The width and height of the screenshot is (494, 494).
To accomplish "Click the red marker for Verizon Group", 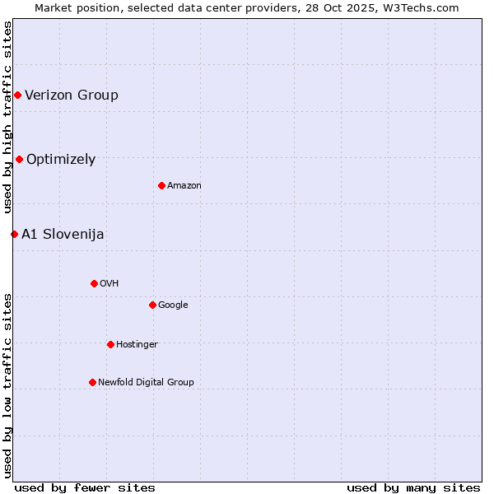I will click(x=17, y=96).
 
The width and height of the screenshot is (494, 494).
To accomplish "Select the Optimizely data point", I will click(x=19, y=160).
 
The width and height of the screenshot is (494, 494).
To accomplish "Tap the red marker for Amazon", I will click(x=161, y=186).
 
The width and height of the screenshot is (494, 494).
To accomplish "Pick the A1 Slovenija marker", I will click(x=14, y=235).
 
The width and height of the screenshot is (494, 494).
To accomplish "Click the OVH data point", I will click(x=94, y=284).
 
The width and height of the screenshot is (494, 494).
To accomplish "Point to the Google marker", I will click(x=152, y=305).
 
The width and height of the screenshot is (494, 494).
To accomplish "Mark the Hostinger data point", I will click(x=110, y=345).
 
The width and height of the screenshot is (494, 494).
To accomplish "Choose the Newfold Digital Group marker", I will click(x=92, y=383).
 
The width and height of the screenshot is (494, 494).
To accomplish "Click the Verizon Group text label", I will click(x=72, y=96).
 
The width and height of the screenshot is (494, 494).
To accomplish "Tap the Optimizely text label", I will click(x=61, y=160).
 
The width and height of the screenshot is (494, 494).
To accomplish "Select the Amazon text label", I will click(x=184, y=186).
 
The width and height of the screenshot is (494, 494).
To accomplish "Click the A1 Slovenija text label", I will click(x=63, y=235).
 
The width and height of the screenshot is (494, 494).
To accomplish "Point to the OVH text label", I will click(x=110, y=284).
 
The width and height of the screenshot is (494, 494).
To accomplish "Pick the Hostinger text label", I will click(x=137, y=345).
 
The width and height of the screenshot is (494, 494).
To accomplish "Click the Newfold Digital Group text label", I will click(x=146, y=383).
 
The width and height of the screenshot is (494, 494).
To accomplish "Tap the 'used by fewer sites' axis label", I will click(x=85, y=488).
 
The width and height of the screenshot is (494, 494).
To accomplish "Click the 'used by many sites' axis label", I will click(x=413, y=488).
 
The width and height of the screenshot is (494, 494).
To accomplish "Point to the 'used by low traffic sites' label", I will click(x=7, y=384).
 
